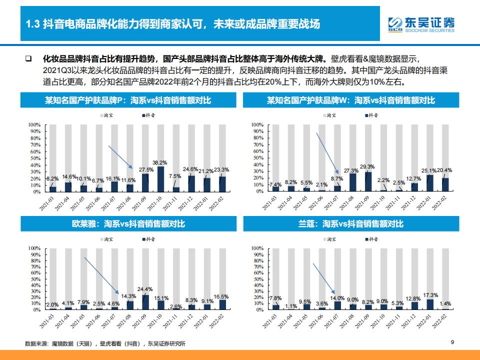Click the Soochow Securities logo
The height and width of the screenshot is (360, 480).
[x=421, y=23]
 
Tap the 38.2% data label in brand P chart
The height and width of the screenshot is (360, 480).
[x=159, y=162]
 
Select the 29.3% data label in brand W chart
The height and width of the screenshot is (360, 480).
[x=367, y=166]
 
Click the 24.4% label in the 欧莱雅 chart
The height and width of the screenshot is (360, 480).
[x=145, y=289]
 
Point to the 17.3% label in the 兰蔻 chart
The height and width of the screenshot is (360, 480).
[x=430, y=295]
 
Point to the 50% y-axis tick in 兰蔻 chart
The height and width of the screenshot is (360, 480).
[x=256, y=279]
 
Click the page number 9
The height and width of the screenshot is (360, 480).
[x=452, y=342]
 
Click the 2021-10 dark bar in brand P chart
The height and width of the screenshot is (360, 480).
[x=160, y=179]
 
